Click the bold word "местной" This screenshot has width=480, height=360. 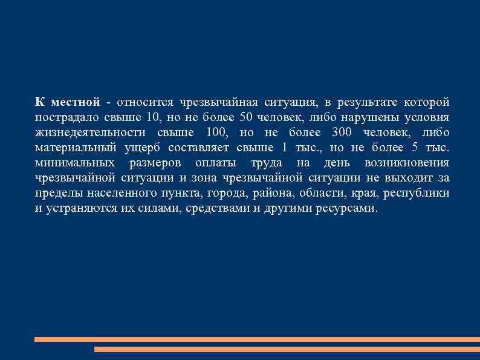76,100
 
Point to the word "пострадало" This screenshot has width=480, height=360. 63,116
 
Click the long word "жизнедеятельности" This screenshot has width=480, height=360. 90,132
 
